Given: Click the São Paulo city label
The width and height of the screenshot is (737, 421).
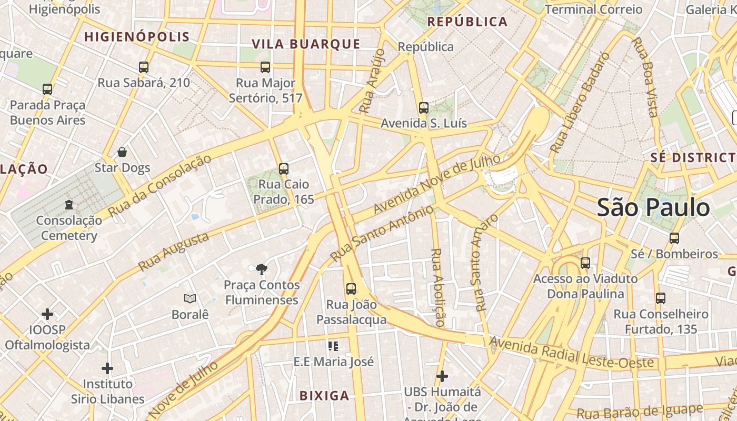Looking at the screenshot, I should pos(653,207).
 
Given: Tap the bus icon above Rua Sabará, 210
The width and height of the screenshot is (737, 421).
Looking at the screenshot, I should pos(144,67).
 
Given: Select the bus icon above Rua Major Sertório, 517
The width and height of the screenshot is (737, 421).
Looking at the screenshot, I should pos(265,67).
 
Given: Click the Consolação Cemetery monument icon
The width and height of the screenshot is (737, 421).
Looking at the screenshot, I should pos(69,204).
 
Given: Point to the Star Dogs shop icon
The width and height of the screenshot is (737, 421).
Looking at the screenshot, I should pos(122,153).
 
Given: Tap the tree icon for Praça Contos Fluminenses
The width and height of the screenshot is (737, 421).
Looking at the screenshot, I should pos(261,270).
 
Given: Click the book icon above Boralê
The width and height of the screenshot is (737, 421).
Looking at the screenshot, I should pos(190,299).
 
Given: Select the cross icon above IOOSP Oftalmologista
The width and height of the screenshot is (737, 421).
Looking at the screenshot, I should pos(47,315).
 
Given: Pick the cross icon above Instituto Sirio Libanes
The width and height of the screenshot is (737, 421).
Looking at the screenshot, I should pos(107,368).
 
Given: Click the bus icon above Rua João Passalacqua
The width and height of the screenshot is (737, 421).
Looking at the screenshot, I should pos(351,289).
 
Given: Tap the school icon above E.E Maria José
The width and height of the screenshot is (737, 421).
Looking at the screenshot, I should pos(333,346).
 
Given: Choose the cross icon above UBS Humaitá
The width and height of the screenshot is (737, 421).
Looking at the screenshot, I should pos(442,376).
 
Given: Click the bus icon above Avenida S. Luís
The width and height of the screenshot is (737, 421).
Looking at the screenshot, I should pos(424,108).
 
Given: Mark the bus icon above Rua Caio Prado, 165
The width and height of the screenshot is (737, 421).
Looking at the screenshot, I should pos(284,169).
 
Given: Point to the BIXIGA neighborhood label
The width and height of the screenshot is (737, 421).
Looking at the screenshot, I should pos(324,396).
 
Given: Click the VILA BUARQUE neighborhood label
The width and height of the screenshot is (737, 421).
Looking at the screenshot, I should pos(306,44).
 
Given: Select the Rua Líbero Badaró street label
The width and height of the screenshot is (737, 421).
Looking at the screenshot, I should pos(580,103).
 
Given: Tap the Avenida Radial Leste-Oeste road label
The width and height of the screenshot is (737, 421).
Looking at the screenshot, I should pos(571,355).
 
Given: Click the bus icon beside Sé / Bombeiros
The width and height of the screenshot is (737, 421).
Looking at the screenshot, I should pos(674,238).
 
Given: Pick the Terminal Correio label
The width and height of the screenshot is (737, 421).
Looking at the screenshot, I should pos(594,9).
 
